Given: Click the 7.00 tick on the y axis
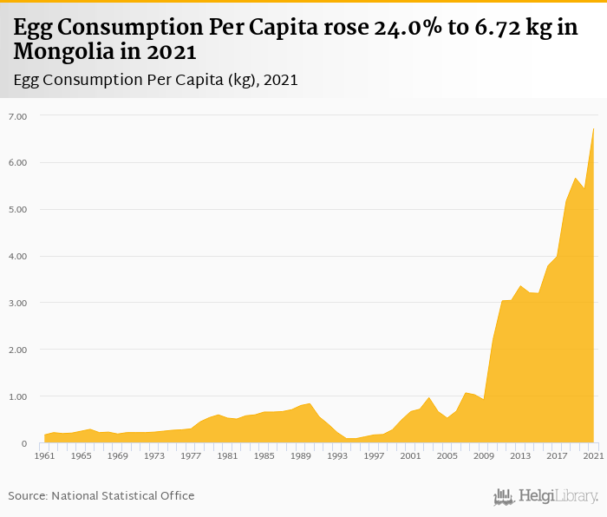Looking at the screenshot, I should click(18, 115).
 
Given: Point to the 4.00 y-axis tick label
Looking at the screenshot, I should click(18, 256).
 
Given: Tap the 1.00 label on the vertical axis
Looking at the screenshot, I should click(18, 396).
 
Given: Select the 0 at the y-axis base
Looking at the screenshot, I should click(24, 443).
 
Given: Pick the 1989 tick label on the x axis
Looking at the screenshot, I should click(301, 455).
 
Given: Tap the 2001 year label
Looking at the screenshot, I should click(411, 455).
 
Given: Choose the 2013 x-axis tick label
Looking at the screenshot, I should click(520, 455).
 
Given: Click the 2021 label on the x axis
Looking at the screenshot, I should click(594, 455).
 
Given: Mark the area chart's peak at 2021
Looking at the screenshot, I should click(594, 128).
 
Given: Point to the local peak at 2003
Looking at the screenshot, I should click(429, 397).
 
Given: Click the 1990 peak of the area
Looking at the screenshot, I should click(310, 403).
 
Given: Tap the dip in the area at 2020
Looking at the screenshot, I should click(584, 187).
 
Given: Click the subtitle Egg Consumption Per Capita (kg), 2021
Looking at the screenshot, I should click(156, 80).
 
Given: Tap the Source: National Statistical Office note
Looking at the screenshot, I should click(101, 495).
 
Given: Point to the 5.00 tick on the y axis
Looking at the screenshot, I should click(18, 209).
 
